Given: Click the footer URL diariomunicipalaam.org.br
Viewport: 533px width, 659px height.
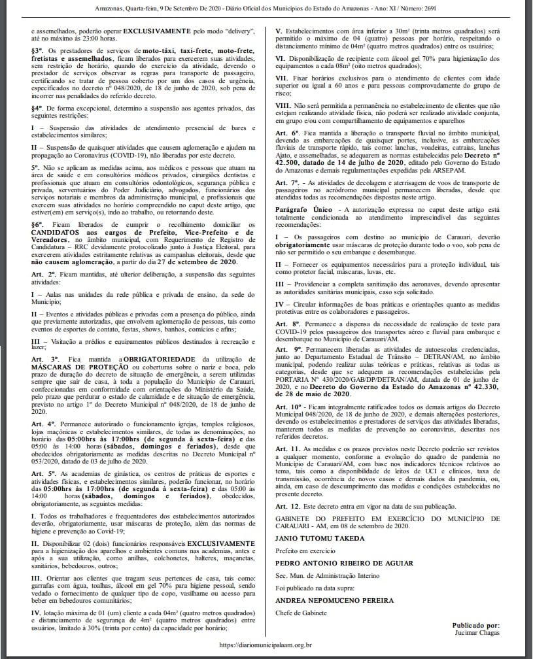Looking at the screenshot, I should coord(266,644).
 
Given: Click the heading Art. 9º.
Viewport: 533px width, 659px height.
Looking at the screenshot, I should coord(286,350).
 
